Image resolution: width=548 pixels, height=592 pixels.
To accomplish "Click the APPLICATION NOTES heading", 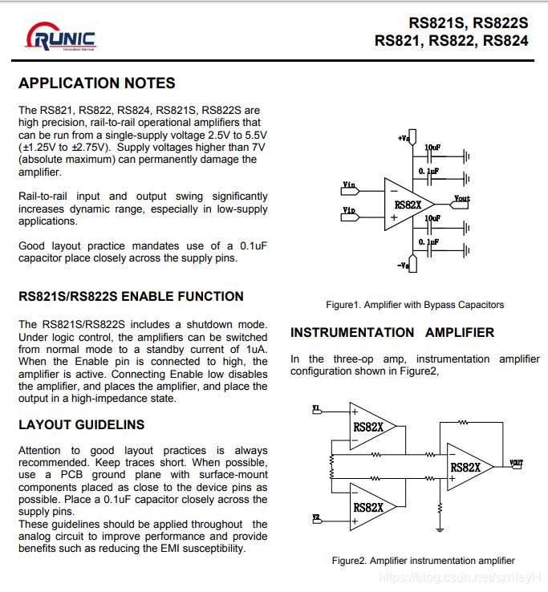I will [97, 83].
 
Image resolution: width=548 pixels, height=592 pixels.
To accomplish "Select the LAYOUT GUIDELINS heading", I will [82, 424].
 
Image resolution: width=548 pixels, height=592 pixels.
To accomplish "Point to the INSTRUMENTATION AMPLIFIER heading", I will [392, 332].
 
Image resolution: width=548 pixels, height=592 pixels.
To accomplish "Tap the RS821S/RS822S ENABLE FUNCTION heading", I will [131, 296].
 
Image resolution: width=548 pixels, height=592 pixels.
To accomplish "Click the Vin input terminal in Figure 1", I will [350, 186].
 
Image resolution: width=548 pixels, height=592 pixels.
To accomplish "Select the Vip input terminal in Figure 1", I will [350, 211].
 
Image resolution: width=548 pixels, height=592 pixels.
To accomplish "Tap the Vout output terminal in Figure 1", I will [462, 198].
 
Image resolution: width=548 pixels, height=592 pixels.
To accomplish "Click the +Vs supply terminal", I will [404, 139].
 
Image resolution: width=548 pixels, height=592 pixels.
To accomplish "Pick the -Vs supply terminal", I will [404, 265].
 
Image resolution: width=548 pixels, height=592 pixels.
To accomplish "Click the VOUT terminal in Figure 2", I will [516, 463].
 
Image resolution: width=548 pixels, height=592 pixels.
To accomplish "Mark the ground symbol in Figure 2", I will [440, 529].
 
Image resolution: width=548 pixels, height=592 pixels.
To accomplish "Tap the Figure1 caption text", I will [415, 305].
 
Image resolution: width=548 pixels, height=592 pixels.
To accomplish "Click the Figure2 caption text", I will [423, 561].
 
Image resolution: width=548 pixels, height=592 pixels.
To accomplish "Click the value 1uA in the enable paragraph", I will [256, 349].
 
